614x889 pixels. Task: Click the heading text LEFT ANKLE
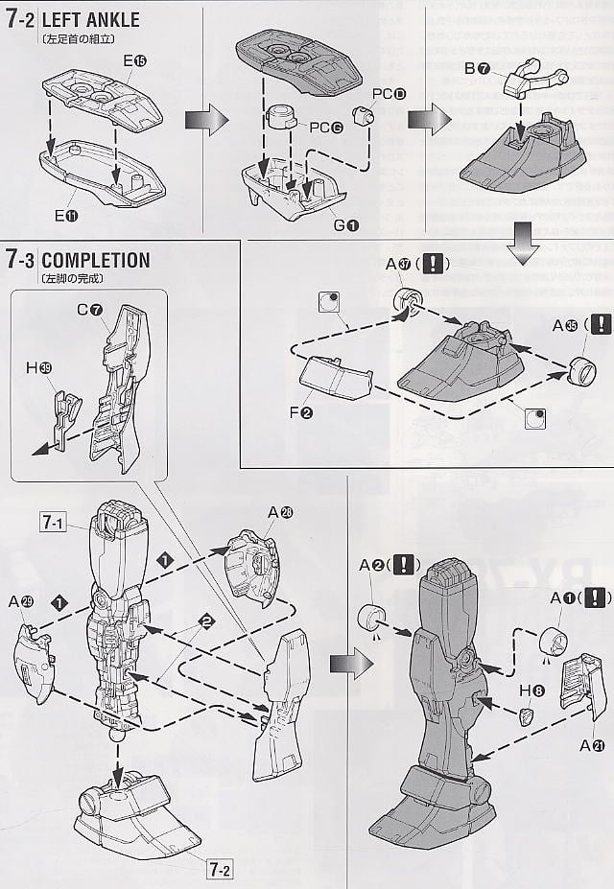[90, 20]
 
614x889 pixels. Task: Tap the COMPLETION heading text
[96, 260]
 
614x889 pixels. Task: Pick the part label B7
[478, 69]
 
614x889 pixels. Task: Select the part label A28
[280, 512]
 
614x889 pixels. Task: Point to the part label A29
[21, 602]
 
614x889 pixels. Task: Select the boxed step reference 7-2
[220, 871]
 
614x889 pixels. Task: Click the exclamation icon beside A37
[435, 262]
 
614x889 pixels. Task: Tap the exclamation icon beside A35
[600, 324]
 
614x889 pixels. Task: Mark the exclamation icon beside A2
[405, 565]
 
